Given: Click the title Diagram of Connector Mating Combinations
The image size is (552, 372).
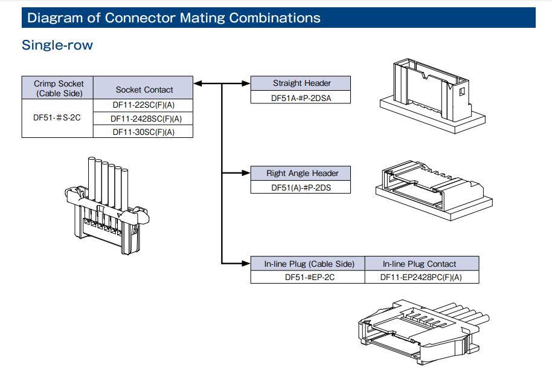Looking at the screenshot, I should pos(174,18).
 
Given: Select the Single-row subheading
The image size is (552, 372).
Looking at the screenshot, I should pos(57,45).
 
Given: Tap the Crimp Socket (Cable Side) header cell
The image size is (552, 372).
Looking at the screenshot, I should pos(58,88).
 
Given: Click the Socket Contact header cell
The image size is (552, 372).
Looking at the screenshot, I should pos(144,90).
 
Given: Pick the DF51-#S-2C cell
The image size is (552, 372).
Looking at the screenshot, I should pos(58,118).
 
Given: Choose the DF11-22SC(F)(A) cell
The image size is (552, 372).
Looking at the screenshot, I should pos(144,105).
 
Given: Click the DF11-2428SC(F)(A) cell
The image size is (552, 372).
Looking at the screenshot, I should pos(144,119).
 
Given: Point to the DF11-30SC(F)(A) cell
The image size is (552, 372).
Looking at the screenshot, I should pos(144,131).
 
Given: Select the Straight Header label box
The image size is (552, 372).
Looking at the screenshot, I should pos(301,83).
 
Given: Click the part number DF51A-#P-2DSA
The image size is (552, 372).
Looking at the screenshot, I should pos(301,97).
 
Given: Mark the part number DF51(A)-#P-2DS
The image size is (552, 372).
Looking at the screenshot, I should pos(301,187).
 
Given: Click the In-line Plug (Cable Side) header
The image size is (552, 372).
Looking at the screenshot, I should pos(308,264).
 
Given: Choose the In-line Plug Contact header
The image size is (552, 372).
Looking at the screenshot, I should pos(422,264).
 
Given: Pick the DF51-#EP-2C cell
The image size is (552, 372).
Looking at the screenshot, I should pos(308,277).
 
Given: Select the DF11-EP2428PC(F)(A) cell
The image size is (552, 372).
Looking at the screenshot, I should pos(422,277).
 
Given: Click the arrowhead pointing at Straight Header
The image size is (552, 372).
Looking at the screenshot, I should pos(246,83).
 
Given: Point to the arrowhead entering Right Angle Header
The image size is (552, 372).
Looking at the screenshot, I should pos(246,174).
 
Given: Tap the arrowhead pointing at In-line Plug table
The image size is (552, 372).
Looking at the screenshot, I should pos(246,263).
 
